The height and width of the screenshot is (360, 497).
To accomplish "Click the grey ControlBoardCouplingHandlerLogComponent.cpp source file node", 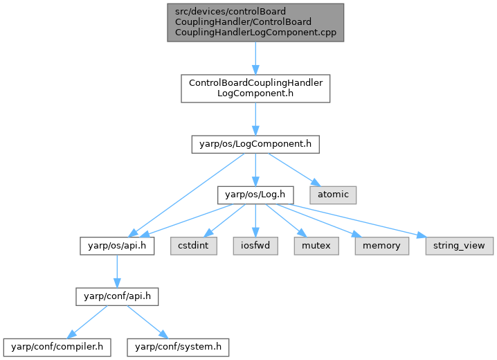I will tap(255, 22).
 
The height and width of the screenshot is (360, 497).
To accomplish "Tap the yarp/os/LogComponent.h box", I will tap(255, 144).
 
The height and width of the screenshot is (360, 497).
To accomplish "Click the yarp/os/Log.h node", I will tap(255, 195).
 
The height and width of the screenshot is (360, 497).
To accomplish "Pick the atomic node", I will tap(332, 195).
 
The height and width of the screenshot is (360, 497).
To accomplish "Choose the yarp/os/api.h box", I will tap(116, 246).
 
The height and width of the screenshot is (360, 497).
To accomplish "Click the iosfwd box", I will tap(255, 246).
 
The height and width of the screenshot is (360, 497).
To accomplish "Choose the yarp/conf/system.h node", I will tap(177, 345).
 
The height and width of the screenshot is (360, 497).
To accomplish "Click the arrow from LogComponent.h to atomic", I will tap(291, 168).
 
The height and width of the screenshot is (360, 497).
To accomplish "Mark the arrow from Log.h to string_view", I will tap(360, 220).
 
